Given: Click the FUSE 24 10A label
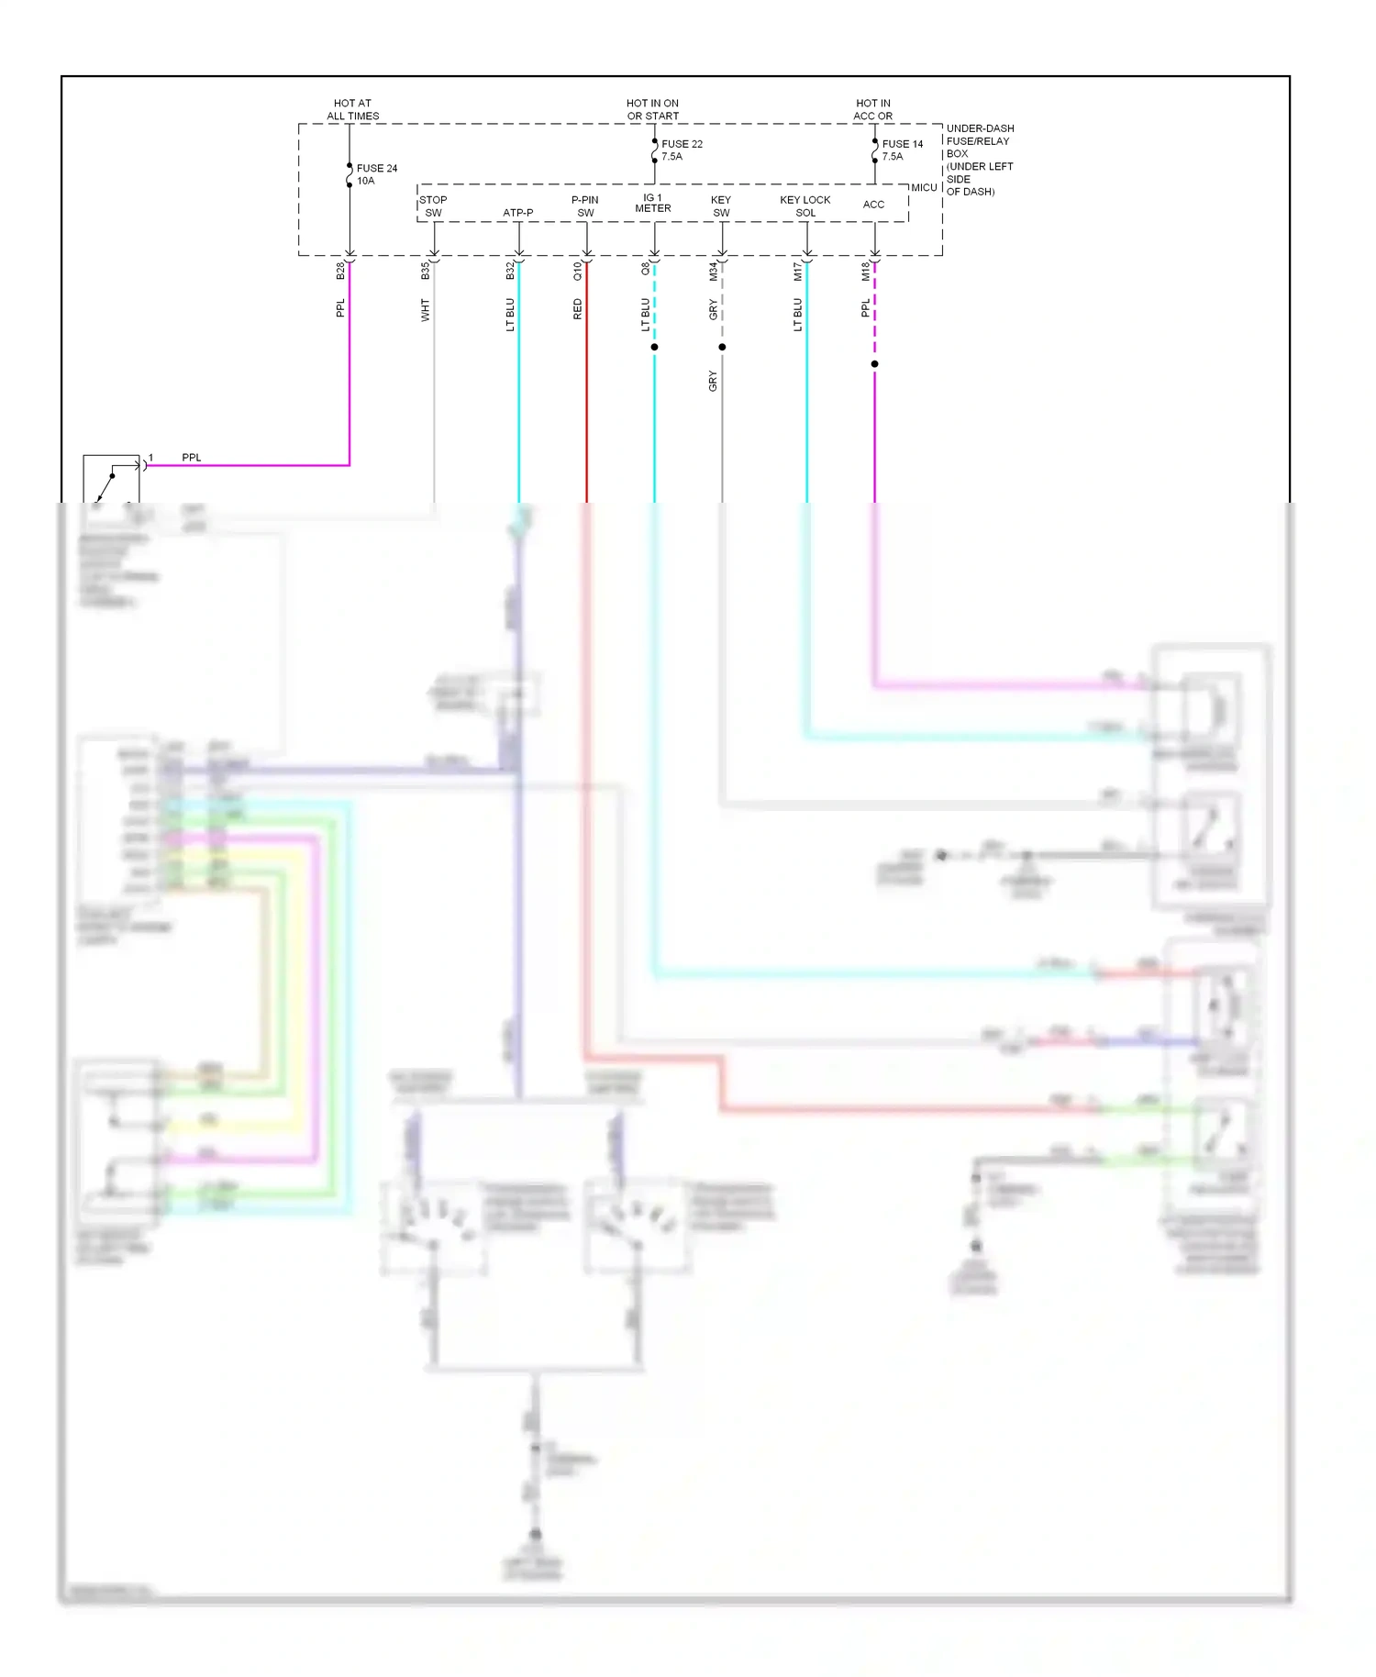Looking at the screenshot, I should pos(376,174).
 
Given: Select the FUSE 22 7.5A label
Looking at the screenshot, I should pos(682,150).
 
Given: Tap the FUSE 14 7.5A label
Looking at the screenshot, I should pos(902,150).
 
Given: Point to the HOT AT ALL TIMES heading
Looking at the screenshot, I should pos(353,109).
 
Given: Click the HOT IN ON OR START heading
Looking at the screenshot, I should pos(653,109).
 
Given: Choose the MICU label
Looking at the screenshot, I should pos(924,187).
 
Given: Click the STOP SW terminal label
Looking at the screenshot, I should pos(433,205).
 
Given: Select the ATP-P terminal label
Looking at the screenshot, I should pos(518,213).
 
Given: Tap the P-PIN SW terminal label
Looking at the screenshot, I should pos(585,205).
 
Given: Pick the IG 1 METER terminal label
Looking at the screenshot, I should pos(653,203).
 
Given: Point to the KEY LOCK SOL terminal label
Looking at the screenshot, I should pos(805,205).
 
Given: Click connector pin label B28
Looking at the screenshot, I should pos(340,271).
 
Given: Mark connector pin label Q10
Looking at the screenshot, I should pos(577,271).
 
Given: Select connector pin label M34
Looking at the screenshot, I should pos(713,271).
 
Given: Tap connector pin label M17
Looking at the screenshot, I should pos(797,271).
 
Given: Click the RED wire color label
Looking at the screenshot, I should pos(577,309).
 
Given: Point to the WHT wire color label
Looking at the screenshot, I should pos(425,309).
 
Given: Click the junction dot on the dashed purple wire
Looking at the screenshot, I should pos(874,364).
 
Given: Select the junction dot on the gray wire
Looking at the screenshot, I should pos(722,347).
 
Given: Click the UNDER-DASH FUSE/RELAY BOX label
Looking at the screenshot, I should pos(980,160).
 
